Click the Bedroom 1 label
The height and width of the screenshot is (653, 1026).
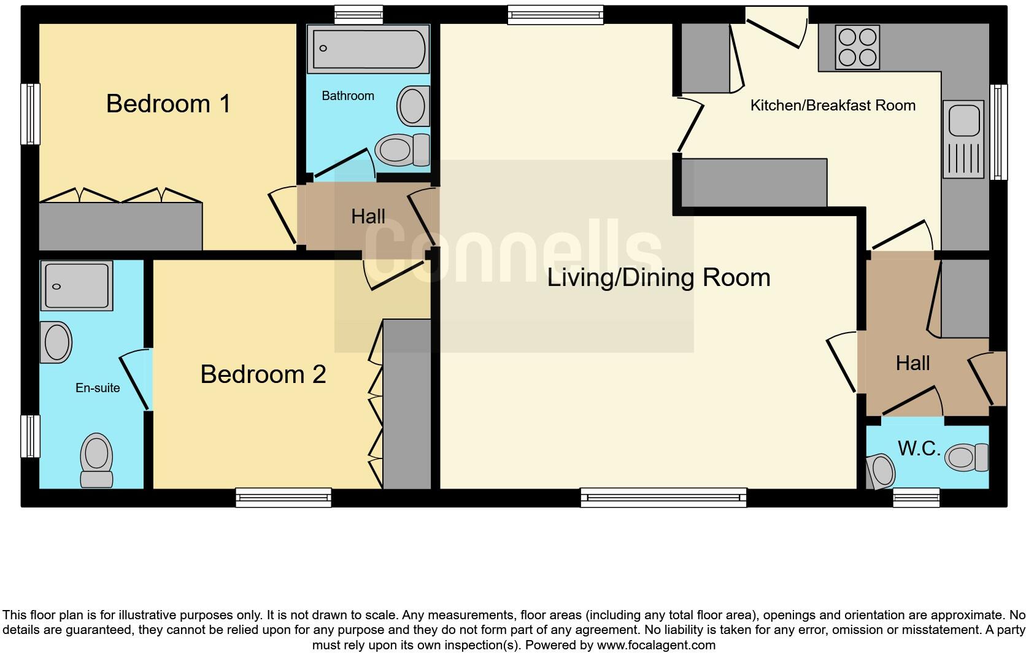[168, 104]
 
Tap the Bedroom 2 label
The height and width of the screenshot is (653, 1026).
[263, 374]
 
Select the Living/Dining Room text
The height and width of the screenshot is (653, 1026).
[658, 277]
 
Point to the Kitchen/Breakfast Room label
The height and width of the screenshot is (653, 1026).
[833, 106]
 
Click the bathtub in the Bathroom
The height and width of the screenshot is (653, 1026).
[368, 48]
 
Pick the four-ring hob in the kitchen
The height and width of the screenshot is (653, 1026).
[857, 47]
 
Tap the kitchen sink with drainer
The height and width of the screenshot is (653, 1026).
[963, 139]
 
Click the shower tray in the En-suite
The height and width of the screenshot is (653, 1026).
[77, 285]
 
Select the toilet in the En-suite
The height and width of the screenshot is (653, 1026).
[96, 460]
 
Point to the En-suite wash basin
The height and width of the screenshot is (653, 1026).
[56, 342]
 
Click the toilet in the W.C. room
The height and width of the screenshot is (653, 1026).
[966, 457]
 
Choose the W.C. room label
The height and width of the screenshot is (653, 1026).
[919, 449]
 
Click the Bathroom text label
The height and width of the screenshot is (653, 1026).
[348, 96]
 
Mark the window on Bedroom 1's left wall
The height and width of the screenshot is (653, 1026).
[30, 114]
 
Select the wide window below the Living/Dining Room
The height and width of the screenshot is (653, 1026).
[664, 498]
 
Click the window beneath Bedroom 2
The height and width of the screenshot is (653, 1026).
[283, 498]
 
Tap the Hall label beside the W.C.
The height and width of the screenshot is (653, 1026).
[913, 363]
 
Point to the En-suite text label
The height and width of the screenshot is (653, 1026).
[98, 388]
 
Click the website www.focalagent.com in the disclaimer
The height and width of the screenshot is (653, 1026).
[657, 645]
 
